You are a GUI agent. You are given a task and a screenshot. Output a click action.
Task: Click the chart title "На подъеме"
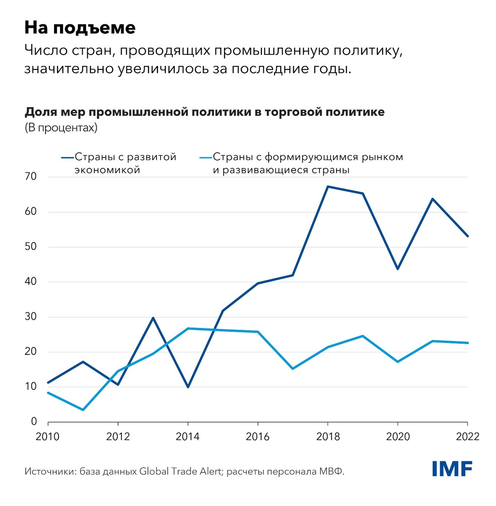point(80,28)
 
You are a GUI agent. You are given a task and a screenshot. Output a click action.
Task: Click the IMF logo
point(452,469)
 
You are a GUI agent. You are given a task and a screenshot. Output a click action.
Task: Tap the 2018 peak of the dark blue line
point(328,186)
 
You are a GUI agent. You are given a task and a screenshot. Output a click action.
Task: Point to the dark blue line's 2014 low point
point(188,387)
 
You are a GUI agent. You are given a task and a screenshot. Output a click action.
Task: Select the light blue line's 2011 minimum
point(83,410)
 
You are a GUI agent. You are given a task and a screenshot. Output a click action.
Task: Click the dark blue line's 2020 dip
point(398,269)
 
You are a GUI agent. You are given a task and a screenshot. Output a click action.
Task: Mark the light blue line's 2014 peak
point(188,329)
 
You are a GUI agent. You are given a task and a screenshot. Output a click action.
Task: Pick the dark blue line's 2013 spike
point(153,318)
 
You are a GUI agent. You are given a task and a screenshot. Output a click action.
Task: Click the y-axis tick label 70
point(31,176)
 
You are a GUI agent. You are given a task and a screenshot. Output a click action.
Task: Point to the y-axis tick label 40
point(31,281)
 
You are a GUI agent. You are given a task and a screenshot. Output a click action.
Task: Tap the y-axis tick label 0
point(34,422)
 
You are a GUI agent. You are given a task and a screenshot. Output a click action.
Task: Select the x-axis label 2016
point(258,437)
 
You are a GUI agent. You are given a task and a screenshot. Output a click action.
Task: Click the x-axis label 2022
point(467,437)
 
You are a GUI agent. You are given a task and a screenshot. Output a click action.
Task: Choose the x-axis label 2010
point(48,437)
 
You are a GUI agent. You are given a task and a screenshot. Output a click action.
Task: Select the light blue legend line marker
point(206,158)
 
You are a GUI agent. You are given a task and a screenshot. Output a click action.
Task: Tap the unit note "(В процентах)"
point(61,128)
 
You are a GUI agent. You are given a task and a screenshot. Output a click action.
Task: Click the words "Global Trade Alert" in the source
point(180,471)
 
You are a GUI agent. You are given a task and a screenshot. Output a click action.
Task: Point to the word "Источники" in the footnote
point(50,471)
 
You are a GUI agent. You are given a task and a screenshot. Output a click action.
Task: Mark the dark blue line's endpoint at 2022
point(467,236)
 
